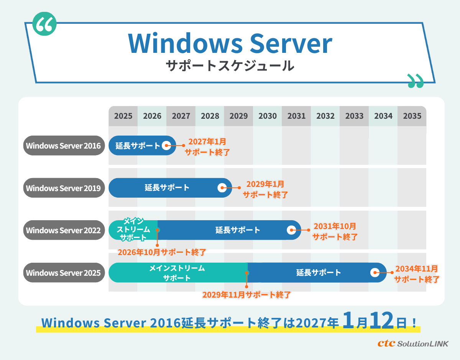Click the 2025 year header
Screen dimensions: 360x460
(123, 116)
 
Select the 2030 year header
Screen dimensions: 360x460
(268, 116)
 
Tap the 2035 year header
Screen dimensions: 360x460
(412, 116)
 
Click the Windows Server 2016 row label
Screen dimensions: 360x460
(64, 146)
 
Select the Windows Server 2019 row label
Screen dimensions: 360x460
(64, 188)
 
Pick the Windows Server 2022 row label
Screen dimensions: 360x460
(64, 230)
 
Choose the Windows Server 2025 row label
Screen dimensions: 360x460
(64, 273)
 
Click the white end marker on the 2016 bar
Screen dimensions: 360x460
(166, 146)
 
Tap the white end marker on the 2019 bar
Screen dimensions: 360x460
(222, 188)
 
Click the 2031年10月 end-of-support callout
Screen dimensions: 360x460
(335, 231)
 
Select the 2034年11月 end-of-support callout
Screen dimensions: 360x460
(417, 274)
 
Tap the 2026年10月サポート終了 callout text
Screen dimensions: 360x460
(162, 252)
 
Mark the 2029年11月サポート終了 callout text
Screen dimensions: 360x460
(246, 295)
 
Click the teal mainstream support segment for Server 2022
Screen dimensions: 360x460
(133, 230)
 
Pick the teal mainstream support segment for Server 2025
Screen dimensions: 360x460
(177, 272)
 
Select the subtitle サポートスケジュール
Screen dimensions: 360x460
(230, 65)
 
